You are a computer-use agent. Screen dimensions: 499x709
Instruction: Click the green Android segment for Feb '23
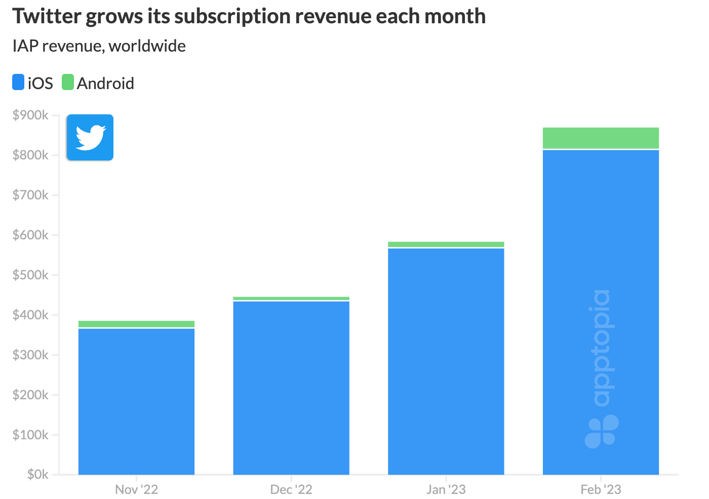(x=601, y=138)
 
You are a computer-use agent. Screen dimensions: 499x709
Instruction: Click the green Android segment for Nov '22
(x=137, y=324)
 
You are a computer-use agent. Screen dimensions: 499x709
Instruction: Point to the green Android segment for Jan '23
(x=446, y=244)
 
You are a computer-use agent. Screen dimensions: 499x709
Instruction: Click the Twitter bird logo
(x=90, y=138)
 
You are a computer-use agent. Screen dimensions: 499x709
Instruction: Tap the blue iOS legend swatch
(x=18, y=82)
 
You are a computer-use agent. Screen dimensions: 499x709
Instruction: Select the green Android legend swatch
(x=68, y=82)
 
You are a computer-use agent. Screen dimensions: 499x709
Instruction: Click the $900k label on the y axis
(x=30, y=115)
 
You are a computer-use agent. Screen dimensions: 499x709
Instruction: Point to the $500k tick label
(x=30, y=275)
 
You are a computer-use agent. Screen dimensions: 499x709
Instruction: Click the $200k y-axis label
(x=30, y=395)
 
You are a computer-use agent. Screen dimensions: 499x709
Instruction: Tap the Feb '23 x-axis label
(x=601, y=489)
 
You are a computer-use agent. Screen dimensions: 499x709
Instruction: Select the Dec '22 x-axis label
(x=291, y=489)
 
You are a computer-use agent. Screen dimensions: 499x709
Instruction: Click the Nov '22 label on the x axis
(x=137, y=489)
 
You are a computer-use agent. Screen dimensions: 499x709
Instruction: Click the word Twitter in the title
(x=47, y=16)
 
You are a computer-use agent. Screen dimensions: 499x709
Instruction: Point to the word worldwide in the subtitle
(x=147, y=46)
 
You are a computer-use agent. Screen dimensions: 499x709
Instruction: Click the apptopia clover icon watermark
(x=602, y=431)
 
